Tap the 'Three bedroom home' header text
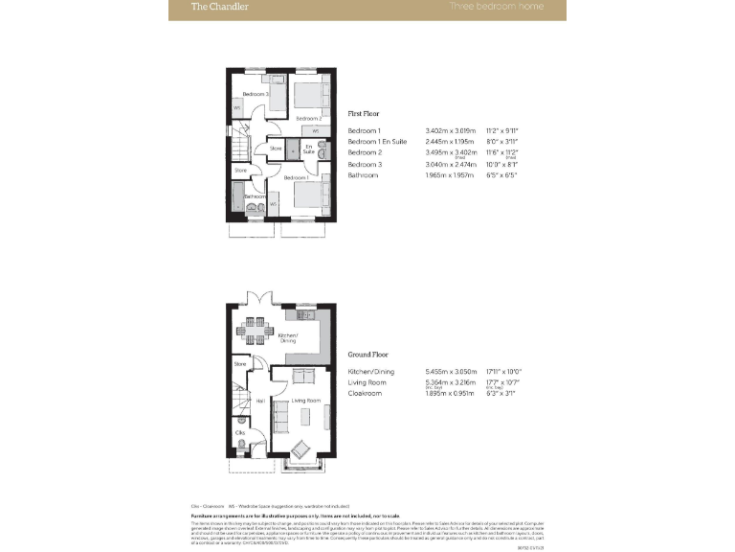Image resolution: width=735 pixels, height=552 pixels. (x=497, y=7)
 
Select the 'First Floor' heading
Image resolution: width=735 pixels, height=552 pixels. (x=364, y=113)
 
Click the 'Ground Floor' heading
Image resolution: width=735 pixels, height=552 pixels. (x=367, y=354)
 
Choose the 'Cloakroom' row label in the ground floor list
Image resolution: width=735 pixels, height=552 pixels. (x=365, y=394)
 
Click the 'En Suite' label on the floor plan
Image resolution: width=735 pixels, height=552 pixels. (x=309, y=150)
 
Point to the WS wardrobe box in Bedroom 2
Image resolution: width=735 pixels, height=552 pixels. (x=315, y=129)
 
